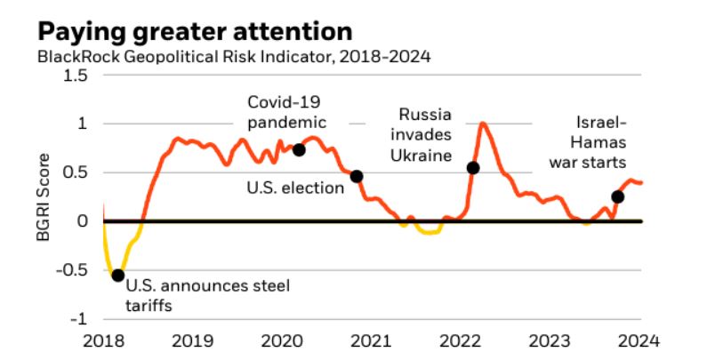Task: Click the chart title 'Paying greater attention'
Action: [195, 31]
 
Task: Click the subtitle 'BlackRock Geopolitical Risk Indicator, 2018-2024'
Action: [233, 58]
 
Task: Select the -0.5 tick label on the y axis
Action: [71, 270]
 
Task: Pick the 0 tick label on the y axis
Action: [83, 221]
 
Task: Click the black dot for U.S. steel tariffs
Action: [117, 275]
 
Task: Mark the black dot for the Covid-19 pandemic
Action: [299, 149]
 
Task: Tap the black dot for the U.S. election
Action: [357, 176]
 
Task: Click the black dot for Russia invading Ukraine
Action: [473, 167]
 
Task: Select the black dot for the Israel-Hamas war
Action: [618, 196]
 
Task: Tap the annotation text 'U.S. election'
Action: [295, 188]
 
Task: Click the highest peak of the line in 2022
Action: [484, 124]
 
